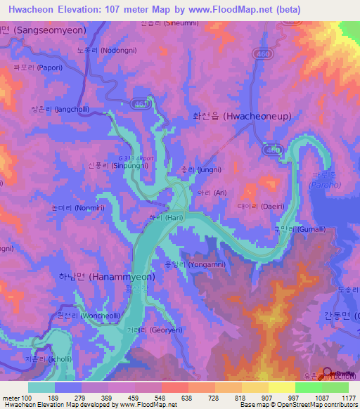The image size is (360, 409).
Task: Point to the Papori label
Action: point(33,67)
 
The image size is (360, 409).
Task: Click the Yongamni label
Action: point(203,265)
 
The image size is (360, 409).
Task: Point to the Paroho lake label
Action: point(323,185)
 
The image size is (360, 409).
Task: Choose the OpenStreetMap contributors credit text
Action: point(317,405)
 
